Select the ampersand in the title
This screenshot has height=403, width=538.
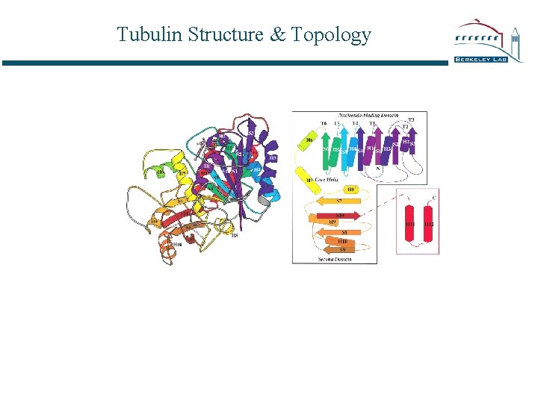[x=277, y=34]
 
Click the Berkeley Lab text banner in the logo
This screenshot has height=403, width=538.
[x=480, y=59]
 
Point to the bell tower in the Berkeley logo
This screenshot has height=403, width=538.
[x=516, y=37]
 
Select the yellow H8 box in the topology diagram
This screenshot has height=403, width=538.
[x=350, y=190]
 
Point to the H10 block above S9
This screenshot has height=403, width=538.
[x=343, y=242]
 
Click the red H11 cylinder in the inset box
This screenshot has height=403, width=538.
[x=410, y=225]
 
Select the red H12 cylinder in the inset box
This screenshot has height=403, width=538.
[x=428, y=225]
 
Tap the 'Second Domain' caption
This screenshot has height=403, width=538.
[x=335, y=259]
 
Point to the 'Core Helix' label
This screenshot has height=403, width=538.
[x=327, y=181]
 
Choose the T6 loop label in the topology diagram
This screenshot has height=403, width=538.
[x=324, y=123]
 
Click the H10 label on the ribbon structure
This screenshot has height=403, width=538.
[x=177, y=244]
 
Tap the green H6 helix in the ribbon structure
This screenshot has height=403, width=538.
[x=158, y=172]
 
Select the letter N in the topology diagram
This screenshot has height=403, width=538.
[x=379, y=169]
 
